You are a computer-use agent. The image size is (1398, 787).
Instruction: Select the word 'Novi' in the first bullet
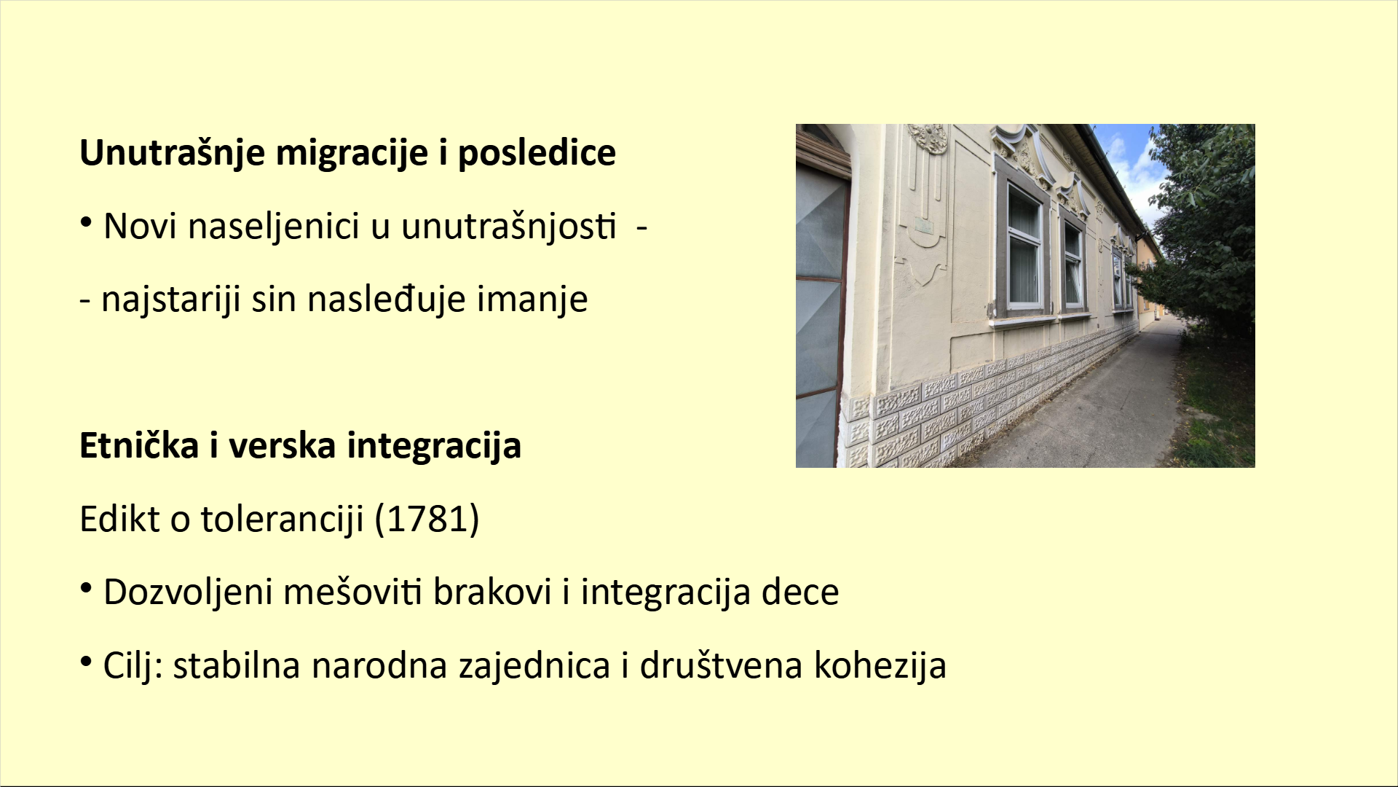pos(141,227)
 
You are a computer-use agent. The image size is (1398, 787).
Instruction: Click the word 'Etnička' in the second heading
pos(138,445)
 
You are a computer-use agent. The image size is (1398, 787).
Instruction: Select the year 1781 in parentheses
pos(427,519)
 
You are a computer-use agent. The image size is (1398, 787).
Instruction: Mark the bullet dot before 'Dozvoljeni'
pos(86,588)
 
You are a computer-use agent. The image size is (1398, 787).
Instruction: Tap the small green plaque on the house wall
pos(923,226)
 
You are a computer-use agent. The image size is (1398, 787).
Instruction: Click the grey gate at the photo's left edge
pos(822,321)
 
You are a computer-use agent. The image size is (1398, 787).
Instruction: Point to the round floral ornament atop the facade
pos(926,138)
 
